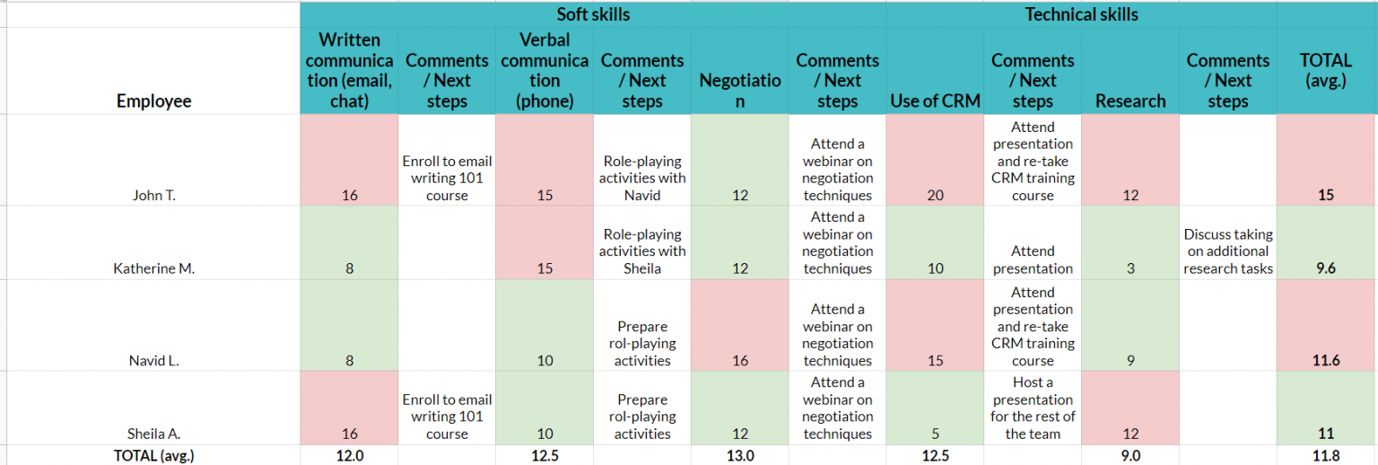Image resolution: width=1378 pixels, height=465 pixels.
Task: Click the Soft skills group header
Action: (593, 14)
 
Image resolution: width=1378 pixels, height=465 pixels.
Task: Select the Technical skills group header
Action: (1081, 14)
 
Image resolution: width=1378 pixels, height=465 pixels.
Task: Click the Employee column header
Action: (153, 101)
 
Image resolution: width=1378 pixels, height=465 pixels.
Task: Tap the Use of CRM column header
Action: (934, 101)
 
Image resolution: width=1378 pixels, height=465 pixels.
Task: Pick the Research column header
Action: (1129, 101)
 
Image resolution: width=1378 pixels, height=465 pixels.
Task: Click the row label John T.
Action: (153, 195)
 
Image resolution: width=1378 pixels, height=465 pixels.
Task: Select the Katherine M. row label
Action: (153, 268)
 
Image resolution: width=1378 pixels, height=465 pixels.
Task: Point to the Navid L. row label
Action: (153, 361)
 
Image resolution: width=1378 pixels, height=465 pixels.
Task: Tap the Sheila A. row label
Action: (153, 434)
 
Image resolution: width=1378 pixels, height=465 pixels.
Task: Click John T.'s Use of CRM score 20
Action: (935, 195)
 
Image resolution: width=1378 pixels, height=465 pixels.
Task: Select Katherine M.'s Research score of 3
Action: (1129, 268)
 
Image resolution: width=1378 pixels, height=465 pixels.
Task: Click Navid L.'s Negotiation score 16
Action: (739, 361)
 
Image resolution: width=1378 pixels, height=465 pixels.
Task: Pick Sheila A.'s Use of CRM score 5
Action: (935, 434)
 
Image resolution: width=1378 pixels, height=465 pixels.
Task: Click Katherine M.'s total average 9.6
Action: (1326, 268)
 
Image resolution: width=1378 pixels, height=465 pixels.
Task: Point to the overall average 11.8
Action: (1326, 455)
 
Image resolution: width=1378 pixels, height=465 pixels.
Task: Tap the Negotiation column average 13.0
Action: (739, 455)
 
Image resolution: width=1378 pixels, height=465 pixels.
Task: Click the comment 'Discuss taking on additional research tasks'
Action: (1227, 251)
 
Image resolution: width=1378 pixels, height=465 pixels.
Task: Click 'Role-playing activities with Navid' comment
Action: (641, 178)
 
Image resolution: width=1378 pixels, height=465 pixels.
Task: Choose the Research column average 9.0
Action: (1129, 455)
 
